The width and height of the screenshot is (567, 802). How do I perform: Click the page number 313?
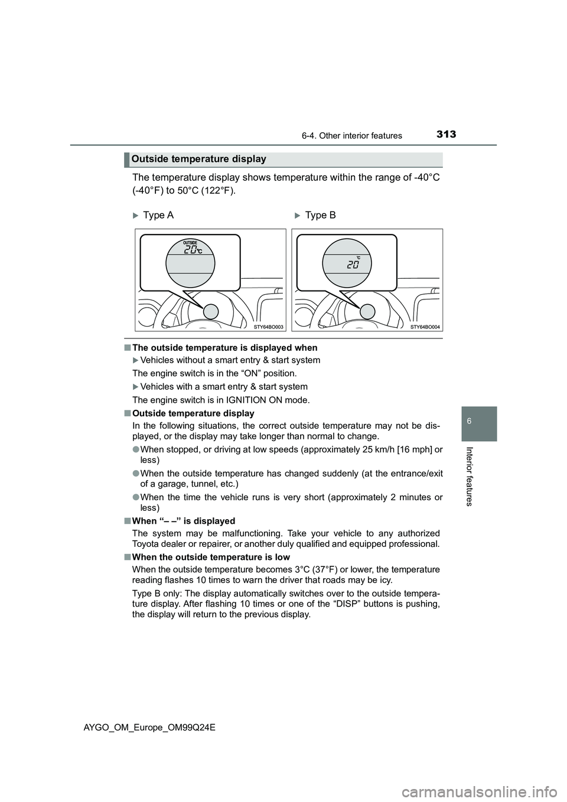click(447, 134)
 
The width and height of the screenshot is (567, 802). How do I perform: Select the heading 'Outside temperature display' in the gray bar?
click(199, 159)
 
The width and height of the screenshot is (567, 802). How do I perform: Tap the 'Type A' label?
click(158, 215)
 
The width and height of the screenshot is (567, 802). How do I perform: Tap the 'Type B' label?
click(320, 215)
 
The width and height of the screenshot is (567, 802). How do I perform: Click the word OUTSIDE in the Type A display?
click(190, 243)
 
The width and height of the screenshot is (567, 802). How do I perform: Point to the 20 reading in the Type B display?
click(353, 265)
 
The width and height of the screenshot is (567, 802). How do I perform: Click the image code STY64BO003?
click(269, 327)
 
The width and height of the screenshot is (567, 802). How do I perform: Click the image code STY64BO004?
click(425, 327)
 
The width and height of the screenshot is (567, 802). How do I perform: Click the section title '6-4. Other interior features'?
click(360, 136)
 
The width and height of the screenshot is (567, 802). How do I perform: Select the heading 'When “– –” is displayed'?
click(184, 521)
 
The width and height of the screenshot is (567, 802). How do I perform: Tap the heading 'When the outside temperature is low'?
click(211, 557)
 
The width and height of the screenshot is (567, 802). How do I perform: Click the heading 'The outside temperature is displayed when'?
click(224, 348)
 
